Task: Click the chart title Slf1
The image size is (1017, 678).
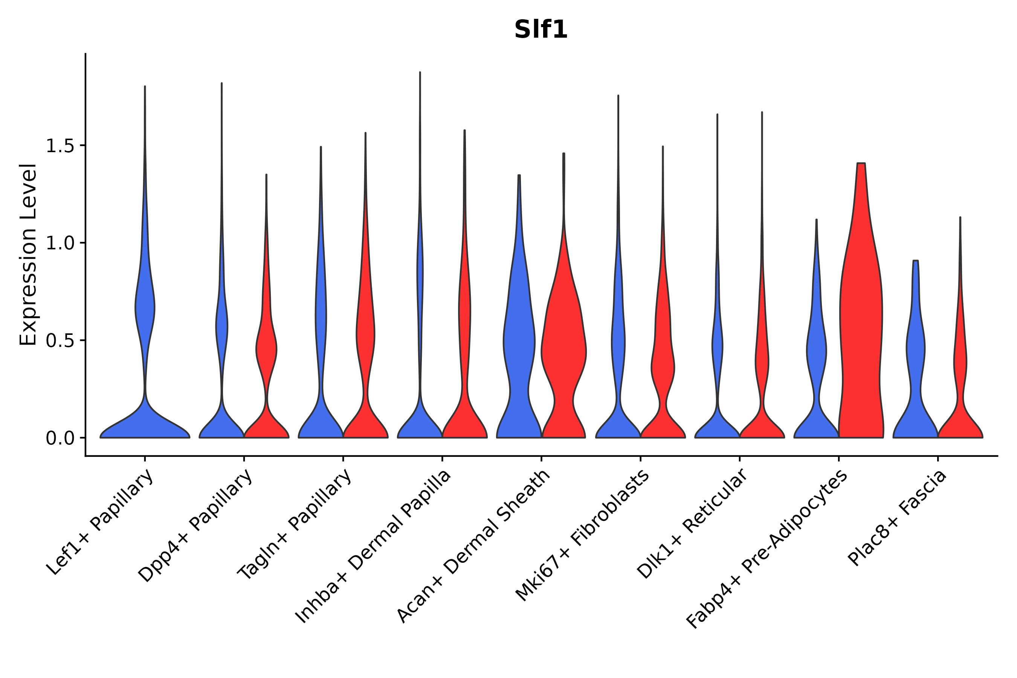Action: coord(541,30)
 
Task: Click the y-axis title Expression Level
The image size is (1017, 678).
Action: coord(29,255)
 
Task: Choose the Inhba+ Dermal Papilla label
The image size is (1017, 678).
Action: coord(373,547)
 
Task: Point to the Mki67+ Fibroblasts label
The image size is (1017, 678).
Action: coord(582,536)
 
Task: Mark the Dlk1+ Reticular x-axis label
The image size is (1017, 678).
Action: coord(692,524)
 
